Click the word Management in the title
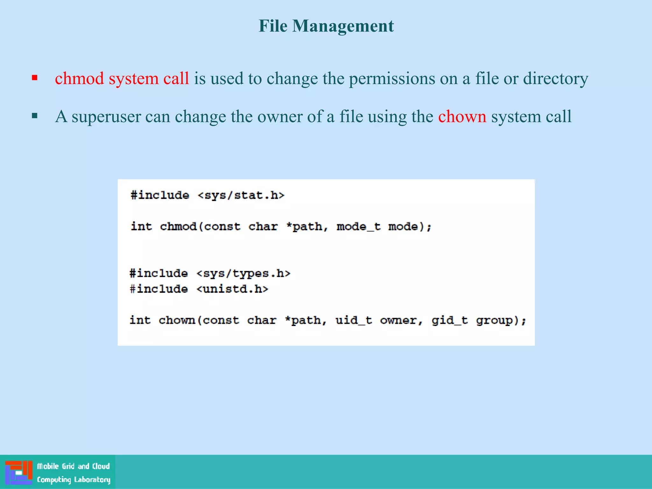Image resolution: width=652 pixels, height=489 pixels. (343, 26)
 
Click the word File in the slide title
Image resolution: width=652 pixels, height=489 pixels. (273, 26)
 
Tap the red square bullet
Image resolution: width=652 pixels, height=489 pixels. (35, 78)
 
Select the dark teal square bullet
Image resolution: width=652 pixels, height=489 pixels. (35, 116)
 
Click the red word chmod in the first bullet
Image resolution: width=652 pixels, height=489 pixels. (80, 78)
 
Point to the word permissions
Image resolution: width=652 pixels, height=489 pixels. (392, 78)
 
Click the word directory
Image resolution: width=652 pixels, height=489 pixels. (556, 78)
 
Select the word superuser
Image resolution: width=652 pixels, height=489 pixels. (106, 117)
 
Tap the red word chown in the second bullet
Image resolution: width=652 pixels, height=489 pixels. (462, 117)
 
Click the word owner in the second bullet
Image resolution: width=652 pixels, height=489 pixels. (280, 117)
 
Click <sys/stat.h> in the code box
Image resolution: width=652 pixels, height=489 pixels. (241, 195)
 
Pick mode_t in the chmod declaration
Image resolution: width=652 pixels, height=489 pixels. (358, 226)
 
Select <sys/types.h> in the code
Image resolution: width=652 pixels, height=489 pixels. (243, 273)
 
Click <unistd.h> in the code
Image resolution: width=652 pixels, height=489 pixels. (232, 289)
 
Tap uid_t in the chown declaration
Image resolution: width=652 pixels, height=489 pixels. (354, 320)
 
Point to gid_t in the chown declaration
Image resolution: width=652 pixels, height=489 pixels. (450, 320)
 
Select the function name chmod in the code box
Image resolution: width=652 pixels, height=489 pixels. (178, 226)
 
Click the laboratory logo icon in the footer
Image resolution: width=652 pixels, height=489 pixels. (19, 472)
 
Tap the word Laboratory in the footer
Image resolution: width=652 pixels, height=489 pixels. (92, 479)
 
